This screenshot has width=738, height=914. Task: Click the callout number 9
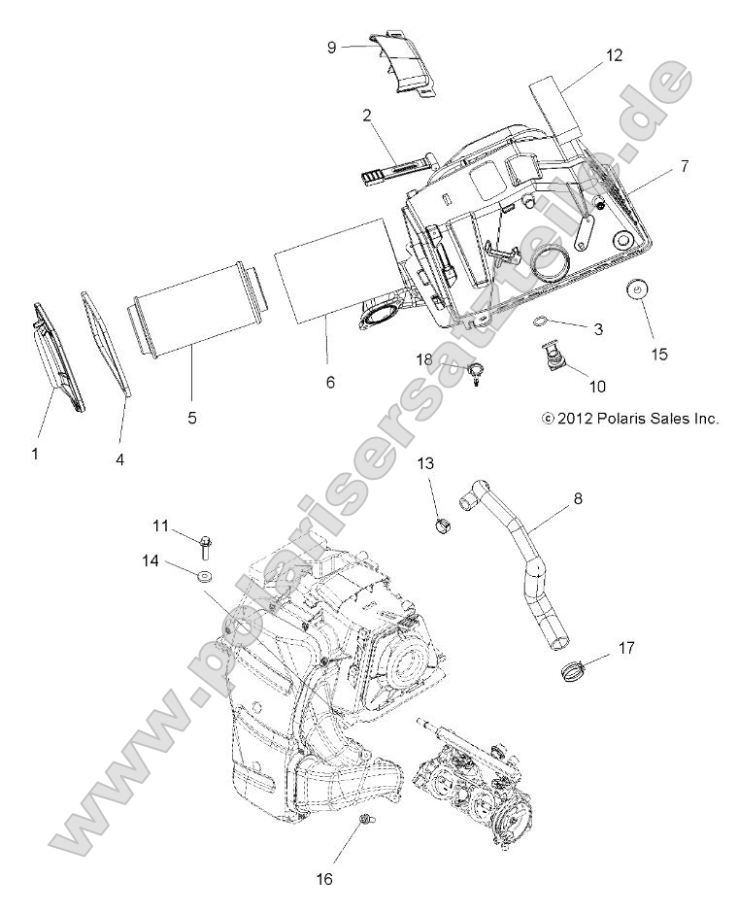pyautogui.click(x=331, y=47)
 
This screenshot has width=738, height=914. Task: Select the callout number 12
pyautogui.click(x=614, y=55)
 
